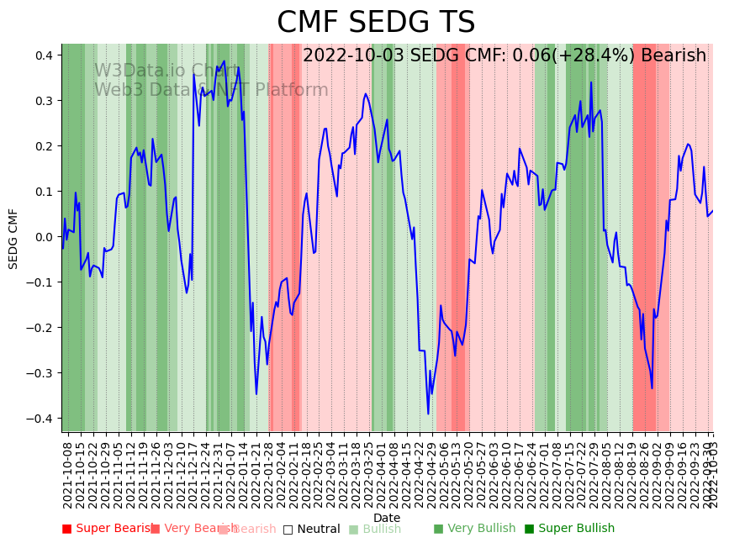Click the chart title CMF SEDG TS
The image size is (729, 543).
click(376, 23)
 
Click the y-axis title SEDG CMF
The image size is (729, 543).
click(13, 239)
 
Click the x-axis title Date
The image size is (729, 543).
click(387, 518)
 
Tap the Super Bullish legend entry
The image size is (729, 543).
click(569, 529)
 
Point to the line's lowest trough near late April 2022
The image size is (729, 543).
click(428, 414)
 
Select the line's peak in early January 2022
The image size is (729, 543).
click(225, 61)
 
